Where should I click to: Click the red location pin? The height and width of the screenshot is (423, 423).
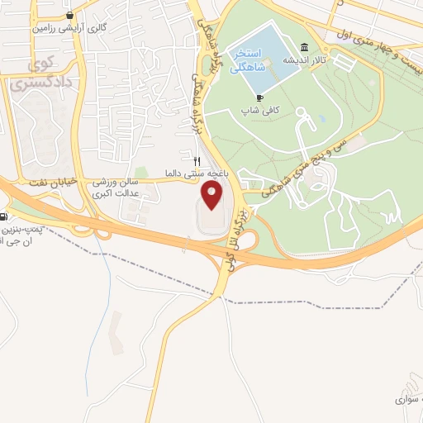click(212, 196)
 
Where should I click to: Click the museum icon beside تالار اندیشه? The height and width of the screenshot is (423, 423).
click(306, 47)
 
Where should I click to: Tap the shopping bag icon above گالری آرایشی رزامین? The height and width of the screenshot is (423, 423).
click(70, 14)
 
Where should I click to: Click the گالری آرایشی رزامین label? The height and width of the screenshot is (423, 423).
click(58, 27)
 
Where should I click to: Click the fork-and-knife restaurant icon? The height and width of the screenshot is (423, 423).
click(197, 161)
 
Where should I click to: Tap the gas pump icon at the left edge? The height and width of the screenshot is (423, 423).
click(3, 218)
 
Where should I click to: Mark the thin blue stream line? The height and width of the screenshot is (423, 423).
click(109, 289)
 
